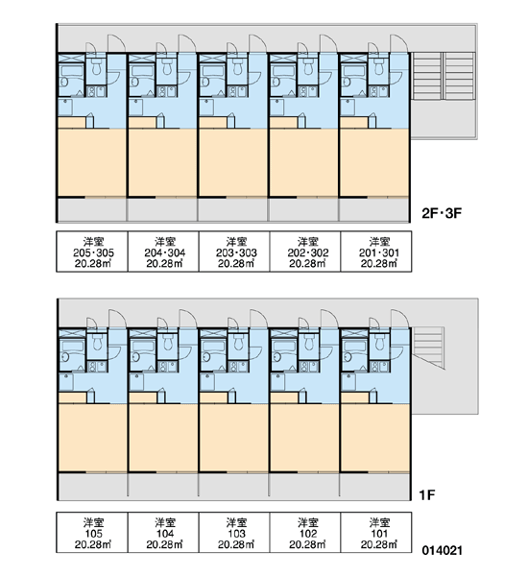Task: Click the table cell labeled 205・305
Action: tap(92, 252)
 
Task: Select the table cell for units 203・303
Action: tap(234, 252)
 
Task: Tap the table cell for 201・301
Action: tap(376, 252)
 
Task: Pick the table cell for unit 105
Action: tap(92, 532)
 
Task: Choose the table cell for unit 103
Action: tap(234, 532)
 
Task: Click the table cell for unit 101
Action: tap(376, 532)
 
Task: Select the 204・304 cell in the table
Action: tap(163, 252)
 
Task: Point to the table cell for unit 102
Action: tap(305, 532)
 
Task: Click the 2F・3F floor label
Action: tap(442, 213)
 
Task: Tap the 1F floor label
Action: tap(427, 495)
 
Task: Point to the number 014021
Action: tap(442, 551)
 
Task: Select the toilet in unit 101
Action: tap(379, 343)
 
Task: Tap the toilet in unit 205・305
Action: tap(96, 67)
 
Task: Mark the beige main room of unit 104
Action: tap(163, 438)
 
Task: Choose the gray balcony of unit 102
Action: tap(304, 486)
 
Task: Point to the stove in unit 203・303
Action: tap(237, 91)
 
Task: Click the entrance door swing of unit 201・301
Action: tap(399, 44)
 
